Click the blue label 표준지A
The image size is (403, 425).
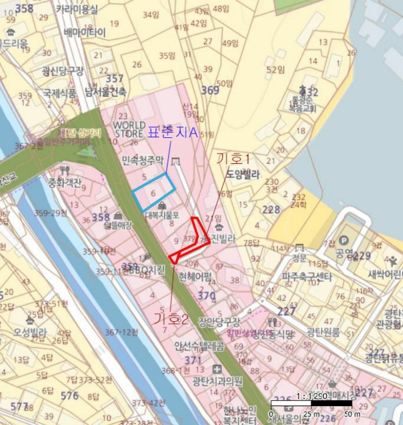point(173,132)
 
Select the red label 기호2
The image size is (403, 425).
point(171,318)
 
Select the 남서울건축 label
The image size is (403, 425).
point(106,92)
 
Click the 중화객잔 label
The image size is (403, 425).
point(65,182)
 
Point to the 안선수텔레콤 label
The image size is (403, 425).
point(199,347)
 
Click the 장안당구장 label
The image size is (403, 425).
point(219,322)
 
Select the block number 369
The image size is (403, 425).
point(210,90)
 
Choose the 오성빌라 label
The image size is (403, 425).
point(30,331)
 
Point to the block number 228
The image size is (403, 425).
point(271,209)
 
